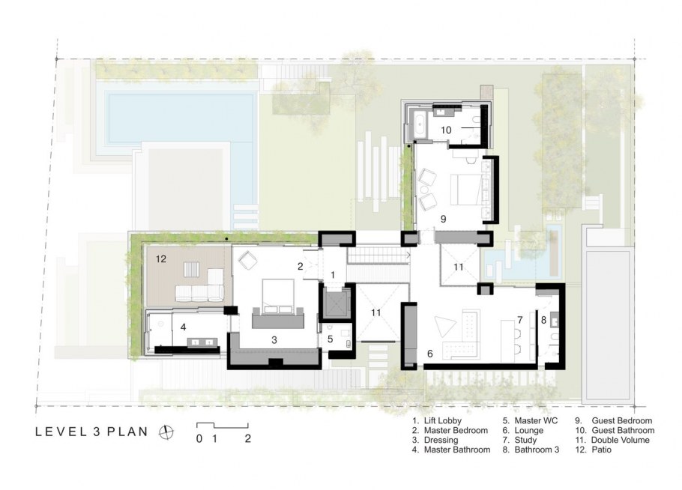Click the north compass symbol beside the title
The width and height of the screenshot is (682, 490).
(166, 432)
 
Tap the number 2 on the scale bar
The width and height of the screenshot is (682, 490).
(247, 438)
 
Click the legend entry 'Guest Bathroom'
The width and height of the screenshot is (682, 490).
(623, 430)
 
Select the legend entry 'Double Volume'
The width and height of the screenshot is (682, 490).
(621, 440)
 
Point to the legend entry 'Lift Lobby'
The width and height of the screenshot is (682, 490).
(443, 420)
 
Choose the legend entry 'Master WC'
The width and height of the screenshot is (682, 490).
(536, 420)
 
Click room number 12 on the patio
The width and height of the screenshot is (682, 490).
(161, 258)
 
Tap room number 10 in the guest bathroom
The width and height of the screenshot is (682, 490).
(446, 130)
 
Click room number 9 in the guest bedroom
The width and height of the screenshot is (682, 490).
(443, 219)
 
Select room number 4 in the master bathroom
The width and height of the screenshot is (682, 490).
(183, 327)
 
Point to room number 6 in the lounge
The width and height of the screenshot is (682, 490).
(429, 354)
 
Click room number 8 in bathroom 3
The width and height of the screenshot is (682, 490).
(543, 321)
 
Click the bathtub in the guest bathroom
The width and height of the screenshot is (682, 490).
(420, 124)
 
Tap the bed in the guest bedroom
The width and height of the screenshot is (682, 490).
(466, 190)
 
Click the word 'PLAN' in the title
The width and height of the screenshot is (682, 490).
(127, 432)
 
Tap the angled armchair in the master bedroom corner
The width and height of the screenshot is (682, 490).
(247, 261)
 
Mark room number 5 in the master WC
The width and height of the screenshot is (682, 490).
(330, 339)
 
